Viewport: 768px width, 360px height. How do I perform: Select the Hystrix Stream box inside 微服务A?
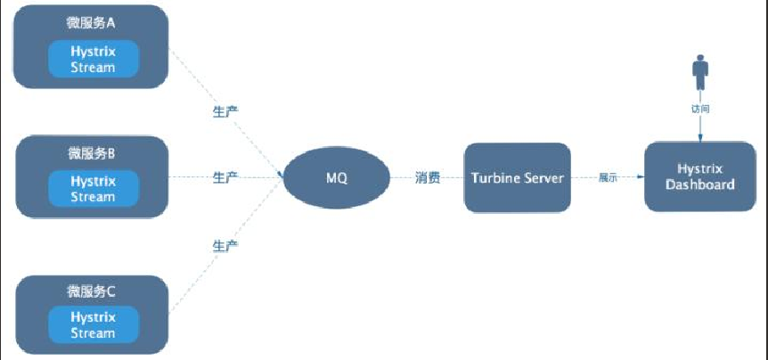pos(93,59)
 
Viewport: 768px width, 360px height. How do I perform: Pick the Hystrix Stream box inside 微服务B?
pos(93,188)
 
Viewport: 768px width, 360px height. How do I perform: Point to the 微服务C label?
pos(93,290)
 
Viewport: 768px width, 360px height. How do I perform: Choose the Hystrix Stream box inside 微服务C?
pos(93,324)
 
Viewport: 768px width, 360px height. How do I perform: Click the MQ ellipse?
pos(337,178)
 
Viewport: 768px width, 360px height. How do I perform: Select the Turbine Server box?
pos(517,177)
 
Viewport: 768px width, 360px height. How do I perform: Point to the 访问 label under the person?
pos(699,109)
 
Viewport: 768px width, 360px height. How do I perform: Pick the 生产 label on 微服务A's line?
pos(225,110)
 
